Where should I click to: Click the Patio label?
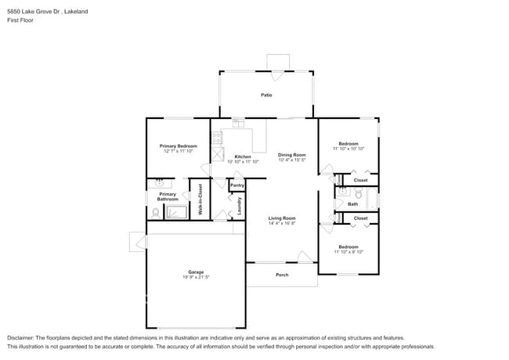coord(266,95)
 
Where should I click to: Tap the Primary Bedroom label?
coord(178,146)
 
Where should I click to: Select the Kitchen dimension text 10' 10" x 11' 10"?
coord(242,161)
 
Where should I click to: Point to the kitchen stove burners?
coord(217,138)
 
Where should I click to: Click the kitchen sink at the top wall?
coord(236,123)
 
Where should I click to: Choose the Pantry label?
coord(236,185)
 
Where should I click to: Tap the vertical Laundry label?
coord(239,205)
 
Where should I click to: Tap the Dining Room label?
coord(291,155)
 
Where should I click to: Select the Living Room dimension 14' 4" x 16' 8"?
coord(281,223)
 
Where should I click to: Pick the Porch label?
coord(282,275)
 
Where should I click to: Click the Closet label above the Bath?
coord(360,180)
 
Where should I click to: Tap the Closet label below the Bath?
coord(360,218)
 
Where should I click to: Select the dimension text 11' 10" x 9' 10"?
coord(348,252)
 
